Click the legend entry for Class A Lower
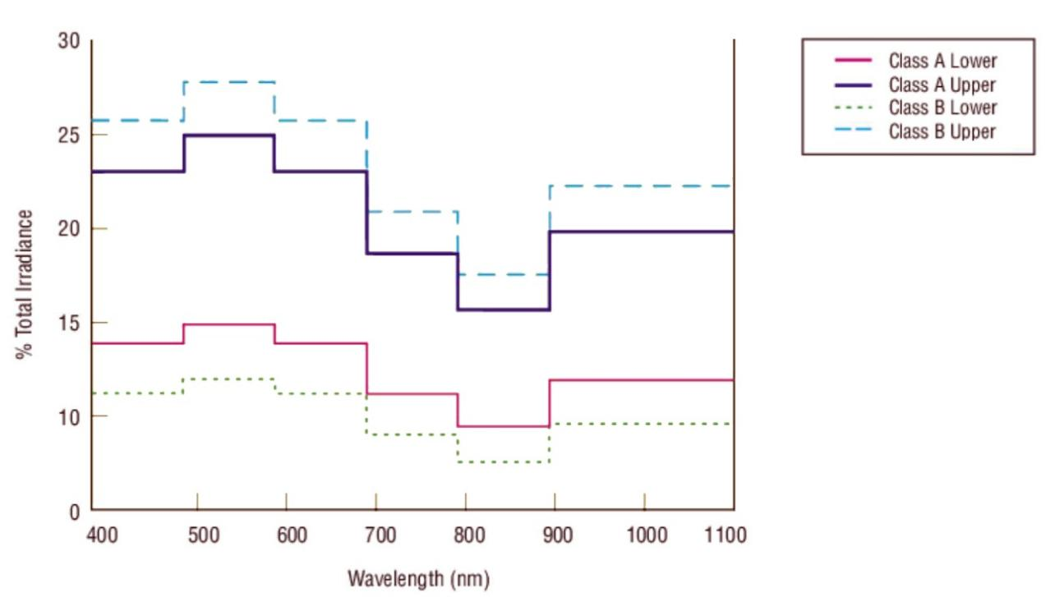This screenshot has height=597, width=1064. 942,61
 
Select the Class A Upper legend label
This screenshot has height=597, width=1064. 942,85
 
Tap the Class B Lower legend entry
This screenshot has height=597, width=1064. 942,108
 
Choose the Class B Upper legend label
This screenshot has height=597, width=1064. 942,131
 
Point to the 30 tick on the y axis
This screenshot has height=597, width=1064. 68,41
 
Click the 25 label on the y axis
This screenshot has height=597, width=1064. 68,135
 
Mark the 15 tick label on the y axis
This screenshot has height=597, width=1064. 68,323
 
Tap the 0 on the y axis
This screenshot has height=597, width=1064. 73,511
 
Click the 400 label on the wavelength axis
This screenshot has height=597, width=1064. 102,536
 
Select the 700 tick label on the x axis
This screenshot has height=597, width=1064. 380,536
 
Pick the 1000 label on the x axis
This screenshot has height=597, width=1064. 647,536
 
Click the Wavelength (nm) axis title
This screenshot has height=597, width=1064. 418,579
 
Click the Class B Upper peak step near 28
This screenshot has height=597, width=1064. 229,82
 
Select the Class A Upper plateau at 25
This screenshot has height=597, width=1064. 229,135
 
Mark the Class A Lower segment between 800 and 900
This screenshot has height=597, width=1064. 503,426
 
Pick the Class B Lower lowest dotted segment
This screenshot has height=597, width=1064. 503,462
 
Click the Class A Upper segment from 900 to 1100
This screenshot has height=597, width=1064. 641,232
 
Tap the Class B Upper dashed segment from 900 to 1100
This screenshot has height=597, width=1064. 641,186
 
